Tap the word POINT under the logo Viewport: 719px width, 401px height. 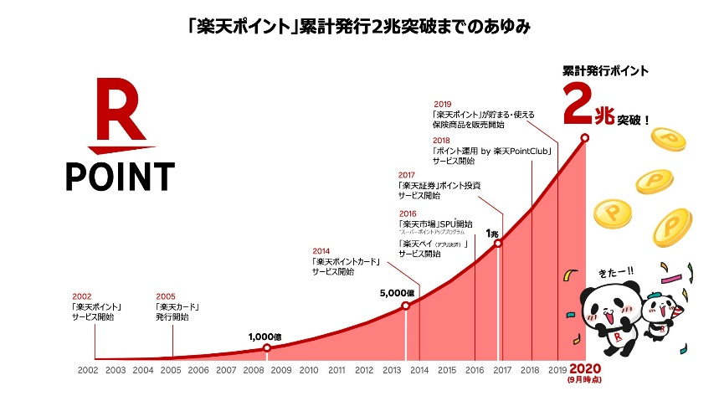[x=121, y=176]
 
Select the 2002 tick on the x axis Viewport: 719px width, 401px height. [x=88, y=369]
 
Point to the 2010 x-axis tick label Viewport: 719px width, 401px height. [x=309, y=369]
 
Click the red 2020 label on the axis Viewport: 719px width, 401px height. [x=585, y=368]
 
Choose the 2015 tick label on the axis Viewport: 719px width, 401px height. [x=447, y=369]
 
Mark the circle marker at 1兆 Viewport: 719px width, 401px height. [x=498, y=244]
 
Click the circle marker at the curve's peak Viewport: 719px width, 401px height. [x=585, y=137]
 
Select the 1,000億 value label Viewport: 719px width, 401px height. [x=265, y=337]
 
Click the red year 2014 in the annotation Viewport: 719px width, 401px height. [x=321, y=250]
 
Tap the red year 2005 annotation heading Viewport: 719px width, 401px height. [x=165, y=296]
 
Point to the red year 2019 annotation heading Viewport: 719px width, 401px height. [x=443, y=104]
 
